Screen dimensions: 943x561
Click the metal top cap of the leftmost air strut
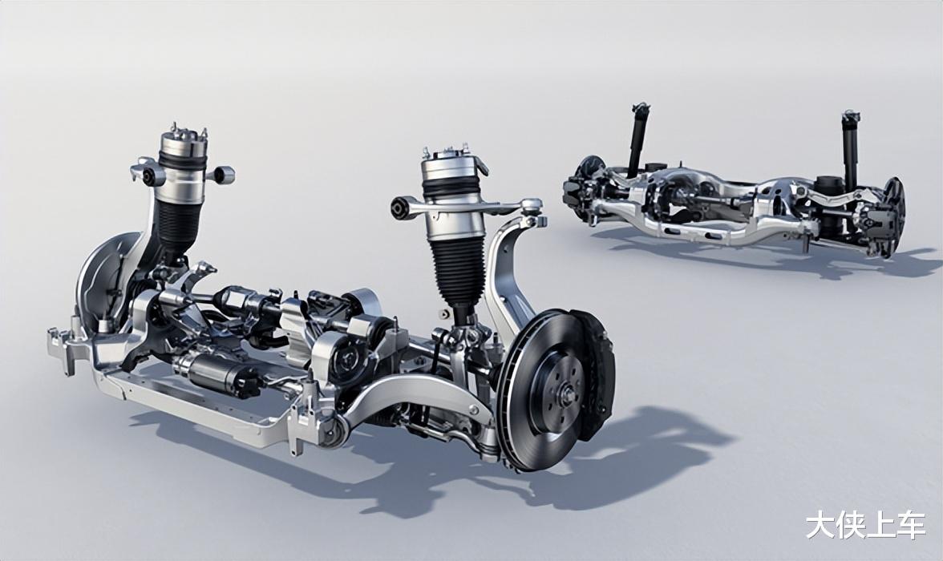[181, 142]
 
